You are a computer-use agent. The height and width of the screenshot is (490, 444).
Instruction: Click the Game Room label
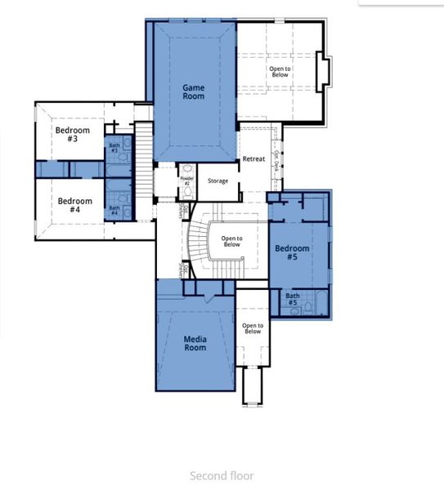click(x=194, y=91)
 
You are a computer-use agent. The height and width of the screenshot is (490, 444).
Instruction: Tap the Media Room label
click(x=195, y=343)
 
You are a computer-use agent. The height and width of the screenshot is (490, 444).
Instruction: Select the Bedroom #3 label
click(x=66, y=133)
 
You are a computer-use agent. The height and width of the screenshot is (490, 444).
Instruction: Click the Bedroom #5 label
click(x=292, y=252)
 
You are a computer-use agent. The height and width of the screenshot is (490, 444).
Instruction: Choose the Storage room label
click(x=218, y=180)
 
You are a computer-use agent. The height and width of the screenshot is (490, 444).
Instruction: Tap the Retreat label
click(x=253, y=158)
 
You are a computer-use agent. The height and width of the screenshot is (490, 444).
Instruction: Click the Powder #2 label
click(x=186, y=180)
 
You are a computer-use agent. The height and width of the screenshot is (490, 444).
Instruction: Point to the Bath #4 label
click(x=114, y=211)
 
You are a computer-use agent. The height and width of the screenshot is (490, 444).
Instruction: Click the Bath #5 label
click(x=292, y=300)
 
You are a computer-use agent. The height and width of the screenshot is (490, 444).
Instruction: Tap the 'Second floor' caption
click(x=222, y=476)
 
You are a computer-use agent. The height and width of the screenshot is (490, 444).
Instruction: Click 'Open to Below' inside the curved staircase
click(x=231, y=241)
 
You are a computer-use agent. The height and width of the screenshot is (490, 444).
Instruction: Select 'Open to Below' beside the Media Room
click(x=253, y=328)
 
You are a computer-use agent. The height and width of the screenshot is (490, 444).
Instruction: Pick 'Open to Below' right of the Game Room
click(x=280, y=72)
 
